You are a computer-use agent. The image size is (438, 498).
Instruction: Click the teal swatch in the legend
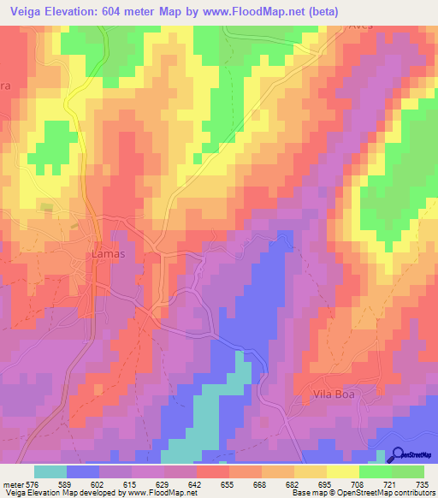coord(50,471)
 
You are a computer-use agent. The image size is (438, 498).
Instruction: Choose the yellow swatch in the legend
coord(342,471)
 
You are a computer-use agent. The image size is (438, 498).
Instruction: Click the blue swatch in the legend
coord(83,471)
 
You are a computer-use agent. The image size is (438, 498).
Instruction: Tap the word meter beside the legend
coord(14,484)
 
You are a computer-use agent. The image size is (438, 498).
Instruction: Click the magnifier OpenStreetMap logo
coord(396,455)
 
